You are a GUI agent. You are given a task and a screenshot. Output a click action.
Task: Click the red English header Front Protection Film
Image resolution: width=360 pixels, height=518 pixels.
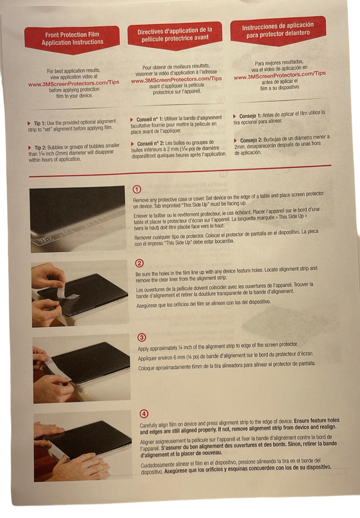pyautogui.click(x=73, y=38)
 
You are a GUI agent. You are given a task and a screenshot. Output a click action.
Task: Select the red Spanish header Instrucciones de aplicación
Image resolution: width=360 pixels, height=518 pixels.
pyautogui.click(x=278, y=29)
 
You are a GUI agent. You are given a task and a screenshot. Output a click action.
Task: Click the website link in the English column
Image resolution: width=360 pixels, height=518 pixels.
pyautogui.click(x=74, y=83)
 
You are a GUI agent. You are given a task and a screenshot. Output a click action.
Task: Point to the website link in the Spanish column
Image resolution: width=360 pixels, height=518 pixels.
pyautogui.click(x=280, y=74)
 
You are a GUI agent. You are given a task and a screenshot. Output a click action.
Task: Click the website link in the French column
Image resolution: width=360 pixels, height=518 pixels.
pyautogui.click(x=177, y=80)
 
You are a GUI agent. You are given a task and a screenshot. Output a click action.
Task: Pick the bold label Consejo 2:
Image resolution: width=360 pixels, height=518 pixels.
pyautogui.click(x=255, y=140)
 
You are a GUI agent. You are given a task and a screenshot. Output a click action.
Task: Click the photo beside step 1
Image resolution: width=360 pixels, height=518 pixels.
pyautogui.click(x=77, y=219)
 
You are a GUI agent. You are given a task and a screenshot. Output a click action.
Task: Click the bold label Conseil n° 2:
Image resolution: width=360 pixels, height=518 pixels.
pyautogui.click(x=153, y=143)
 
